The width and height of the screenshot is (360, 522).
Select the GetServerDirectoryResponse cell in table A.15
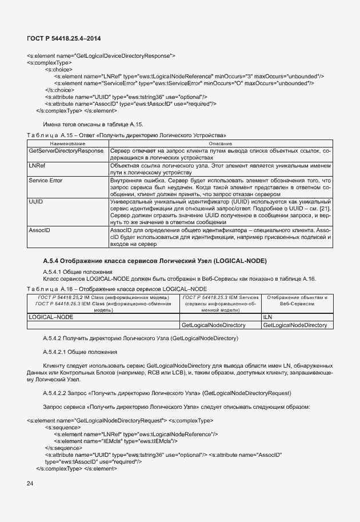point(66,150)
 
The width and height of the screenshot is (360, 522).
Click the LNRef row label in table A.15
point(37,165)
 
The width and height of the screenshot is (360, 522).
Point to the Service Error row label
point(45,181)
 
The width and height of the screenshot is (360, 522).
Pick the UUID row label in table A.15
point(36,202)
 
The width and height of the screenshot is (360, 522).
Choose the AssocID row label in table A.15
point(39,230)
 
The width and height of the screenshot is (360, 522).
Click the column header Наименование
point(67,142)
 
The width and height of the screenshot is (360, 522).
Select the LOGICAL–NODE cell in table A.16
point(51,316)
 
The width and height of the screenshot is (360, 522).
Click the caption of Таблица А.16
point(117,289)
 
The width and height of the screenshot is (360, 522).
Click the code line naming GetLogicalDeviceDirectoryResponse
point(101,55)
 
